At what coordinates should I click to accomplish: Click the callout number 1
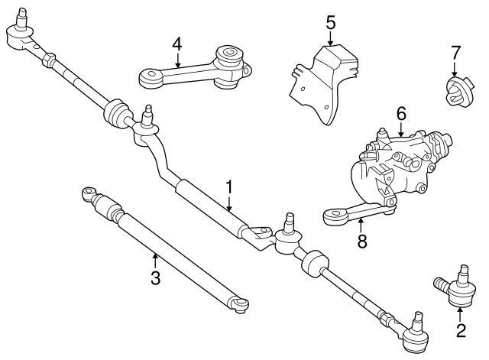point(228,186)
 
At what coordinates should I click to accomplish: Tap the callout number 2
point(460,330)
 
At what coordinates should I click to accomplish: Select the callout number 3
point(155,277)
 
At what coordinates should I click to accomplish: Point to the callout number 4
point(177,44)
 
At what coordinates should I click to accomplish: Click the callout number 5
point(331,21)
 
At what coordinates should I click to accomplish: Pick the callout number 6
point(400,113)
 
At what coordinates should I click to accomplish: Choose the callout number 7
point(455,53)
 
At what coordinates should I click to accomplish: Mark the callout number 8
point(362,242)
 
